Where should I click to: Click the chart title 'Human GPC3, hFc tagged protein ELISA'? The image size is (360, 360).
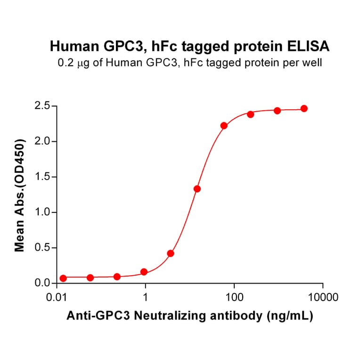pyautogui.click(x=189, y=46)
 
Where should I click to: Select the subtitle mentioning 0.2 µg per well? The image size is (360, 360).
pyautogui.click(x=189, y=62)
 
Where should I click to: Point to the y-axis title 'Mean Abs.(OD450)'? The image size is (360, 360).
pyautogui.click(x=20, y=195)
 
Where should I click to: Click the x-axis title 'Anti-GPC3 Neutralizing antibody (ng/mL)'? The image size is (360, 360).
pyautogui.click(x=189, y=317)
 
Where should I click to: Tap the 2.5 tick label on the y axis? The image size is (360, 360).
pyautogui.click(x=43, y=106)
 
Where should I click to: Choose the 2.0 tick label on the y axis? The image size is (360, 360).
pyautogui.click(x=43, y=141)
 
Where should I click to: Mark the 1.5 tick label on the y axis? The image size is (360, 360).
pyautogui.click(x=43, y=177)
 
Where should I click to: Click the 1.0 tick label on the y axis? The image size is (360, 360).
pyautogui.click(x=43, y=213)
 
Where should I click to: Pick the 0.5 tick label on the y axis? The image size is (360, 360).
pyautogui.click(x=43, y=248)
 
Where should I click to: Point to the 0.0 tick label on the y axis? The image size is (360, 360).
pyautogui.click(x=43, y=284)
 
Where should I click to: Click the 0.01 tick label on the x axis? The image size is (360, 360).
pyautogui.click(x=57, y=298)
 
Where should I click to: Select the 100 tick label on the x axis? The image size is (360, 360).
pyautogui.click(x=234, y=298)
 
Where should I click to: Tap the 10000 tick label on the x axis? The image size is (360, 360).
pyautogui.click(x=322, y=298)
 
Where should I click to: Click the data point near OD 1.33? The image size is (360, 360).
pyautogui.click(x=197, y=189)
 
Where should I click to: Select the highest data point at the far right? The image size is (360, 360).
pyautogui.click(x=304, y=108)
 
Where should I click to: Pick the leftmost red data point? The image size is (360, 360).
pyautogui.click(x=63, y=278)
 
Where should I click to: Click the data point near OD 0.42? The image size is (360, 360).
pyautogui.click(x=171, y=254)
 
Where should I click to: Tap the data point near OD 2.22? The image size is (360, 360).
pyautogui.click(x=224, y=126)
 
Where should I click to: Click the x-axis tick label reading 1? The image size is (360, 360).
pyautogui.click(x=146, y=298)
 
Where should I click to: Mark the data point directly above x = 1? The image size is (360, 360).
pyautogui.click(x=144, y=272)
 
